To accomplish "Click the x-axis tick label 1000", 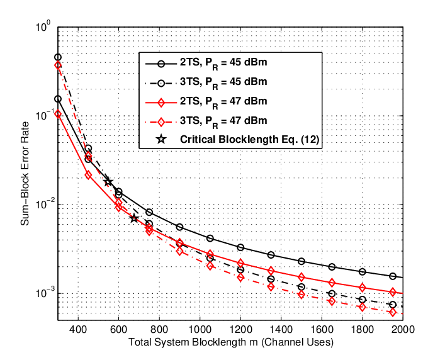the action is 200,329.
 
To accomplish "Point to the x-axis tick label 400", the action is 78,329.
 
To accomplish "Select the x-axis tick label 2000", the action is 403,329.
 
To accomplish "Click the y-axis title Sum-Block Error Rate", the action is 25,174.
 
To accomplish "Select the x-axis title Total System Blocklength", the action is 193,342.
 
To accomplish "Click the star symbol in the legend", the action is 161,139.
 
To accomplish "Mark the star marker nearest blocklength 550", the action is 108,182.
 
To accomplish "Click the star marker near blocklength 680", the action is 135,218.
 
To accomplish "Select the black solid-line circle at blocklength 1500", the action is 301,261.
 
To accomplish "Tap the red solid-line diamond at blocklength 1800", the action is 362,288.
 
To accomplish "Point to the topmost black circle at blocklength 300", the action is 58,58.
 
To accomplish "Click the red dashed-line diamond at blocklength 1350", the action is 271,287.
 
